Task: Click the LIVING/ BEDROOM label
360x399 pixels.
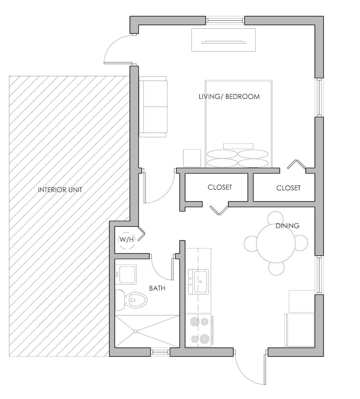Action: coord(229,97)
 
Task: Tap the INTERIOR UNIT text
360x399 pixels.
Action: coord(60,190)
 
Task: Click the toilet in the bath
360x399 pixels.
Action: coord(132,300)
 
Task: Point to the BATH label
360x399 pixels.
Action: coord(157,288)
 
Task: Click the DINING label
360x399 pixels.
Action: coord(287,226)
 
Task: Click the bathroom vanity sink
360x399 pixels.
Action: coord(127,275)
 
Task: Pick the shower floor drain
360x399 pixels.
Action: coord(136,331)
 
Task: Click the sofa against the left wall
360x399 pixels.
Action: coord(153,107)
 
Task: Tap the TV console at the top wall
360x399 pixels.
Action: coord(223,40)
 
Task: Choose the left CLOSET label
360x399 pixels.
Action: coord(220,187)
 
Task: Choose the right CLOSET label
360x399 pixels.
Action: coord(288,188)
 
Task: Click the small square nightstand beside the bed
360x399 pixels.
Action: coord(192,158)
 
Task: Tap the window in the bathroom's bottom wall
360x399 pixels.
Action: coord(160,352)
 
